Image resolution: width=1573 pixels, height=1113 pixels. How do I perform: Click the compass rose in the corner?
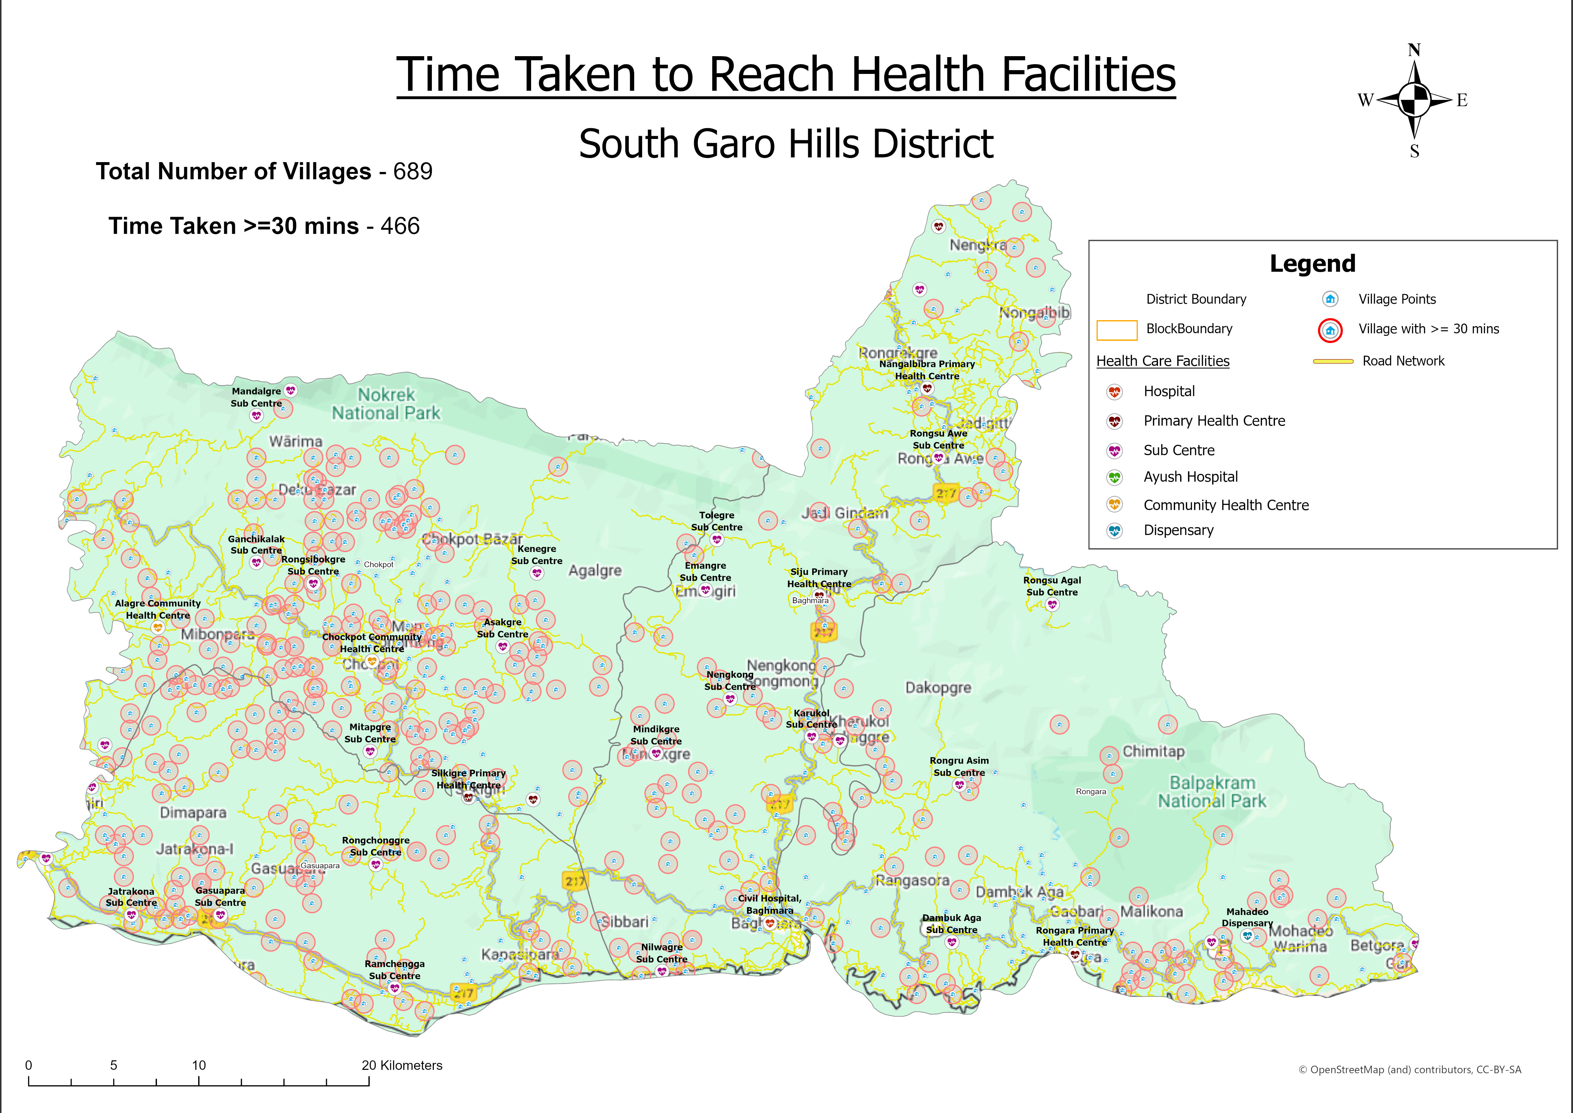[x=1414, y=100]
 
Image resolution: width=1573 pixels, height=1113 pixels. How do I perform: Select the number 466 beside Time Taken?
[x=400, y=226]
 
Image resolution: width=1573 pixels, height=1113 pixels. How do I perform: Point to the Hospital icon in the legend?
[x=1115, y=392]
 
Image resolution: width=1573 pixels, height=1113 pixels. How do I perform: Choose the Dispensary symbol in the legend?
[x=1115, y=530]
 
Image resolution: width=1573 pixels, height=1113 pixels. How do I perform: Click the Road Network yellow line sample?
[x=1333, y=361]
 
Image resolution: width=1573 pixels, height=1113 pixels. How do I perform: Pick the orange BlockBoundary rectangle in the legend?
[x=1117, y=330]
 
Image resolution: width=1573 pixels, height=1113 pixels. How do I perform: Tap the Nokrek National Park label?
[x=387, y=404]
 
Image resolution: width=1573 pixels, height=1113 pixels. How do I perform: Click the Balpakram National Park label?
[x=1212, y=792]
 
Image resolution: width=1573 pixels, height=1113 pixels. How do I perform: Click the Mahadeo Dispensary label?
[x=1247, y=917]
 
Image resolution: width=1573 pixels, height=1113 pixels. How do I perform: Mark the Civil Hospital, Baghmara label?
[x=769, y=904]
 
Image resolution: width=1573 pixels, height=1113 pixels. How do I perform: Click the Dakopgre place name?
[x=938, y=688]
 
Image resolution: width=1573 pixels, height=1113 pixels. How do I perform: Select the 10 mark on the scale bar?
[x=199, y=1065]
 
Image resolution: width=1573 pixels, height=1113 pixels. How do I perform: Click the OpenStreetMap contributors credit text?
[x=1409, y=1070]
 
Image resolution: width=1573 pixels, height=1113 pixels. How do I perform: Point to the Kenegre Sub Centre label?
[x=536, y=555]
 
